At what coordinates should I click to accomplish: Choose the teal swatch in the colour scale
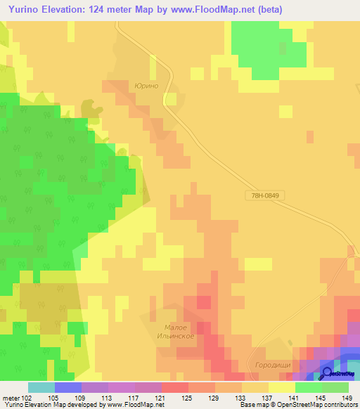tap(41, 387)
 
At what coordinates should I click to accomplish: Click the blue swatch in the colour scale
tap(67, 387)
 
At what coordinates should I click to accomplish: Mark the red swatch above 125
tap(174, 387)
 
